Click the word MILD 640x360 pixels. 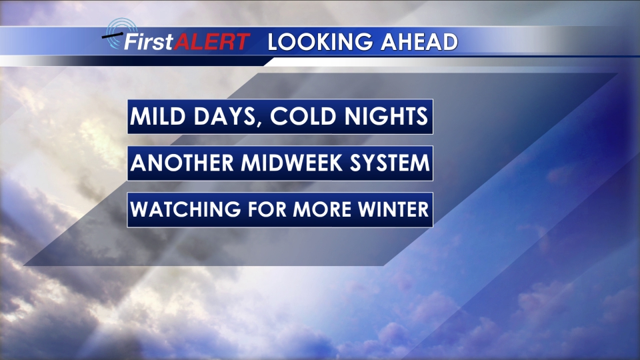pyautogui.click(x=157, y=116)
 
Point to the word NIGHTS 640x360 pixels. pyautogui.click(x=386, y=116)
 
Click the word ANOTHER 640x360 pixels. pyautogui.click(x=181, y=163)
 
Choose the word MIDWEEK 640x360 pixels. pyautogui.click(x=291, y=163)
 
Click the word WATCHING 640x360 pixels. pyautogui.click(x=185, y=209)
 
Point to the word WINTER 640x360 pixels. pyautogui.click(x=394, y=209)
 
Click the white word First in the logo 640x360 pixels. pyautogui.click(x=149, y=41)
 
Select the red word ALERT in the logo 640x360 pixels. pyautogui.click(x=211, y=41)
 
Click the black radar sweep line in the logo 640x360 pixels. pyautogui.click(x=112, y=36)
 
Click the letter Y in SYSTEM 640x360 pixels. pyautogui.click(x=372, y=163)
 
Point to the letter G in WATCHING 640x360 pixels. pyautogui.click(x=232, y=209)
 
